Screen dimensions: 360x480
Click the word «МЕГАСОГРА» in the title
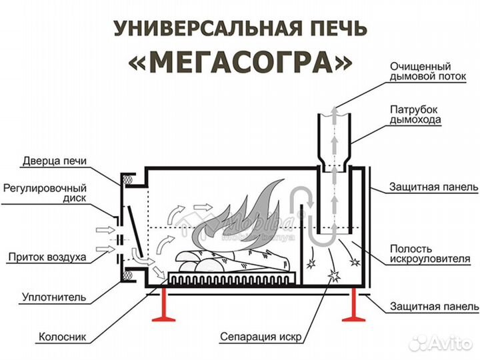point(240,61)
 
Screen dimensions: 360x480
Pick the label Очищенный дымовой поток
point(421,72)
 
